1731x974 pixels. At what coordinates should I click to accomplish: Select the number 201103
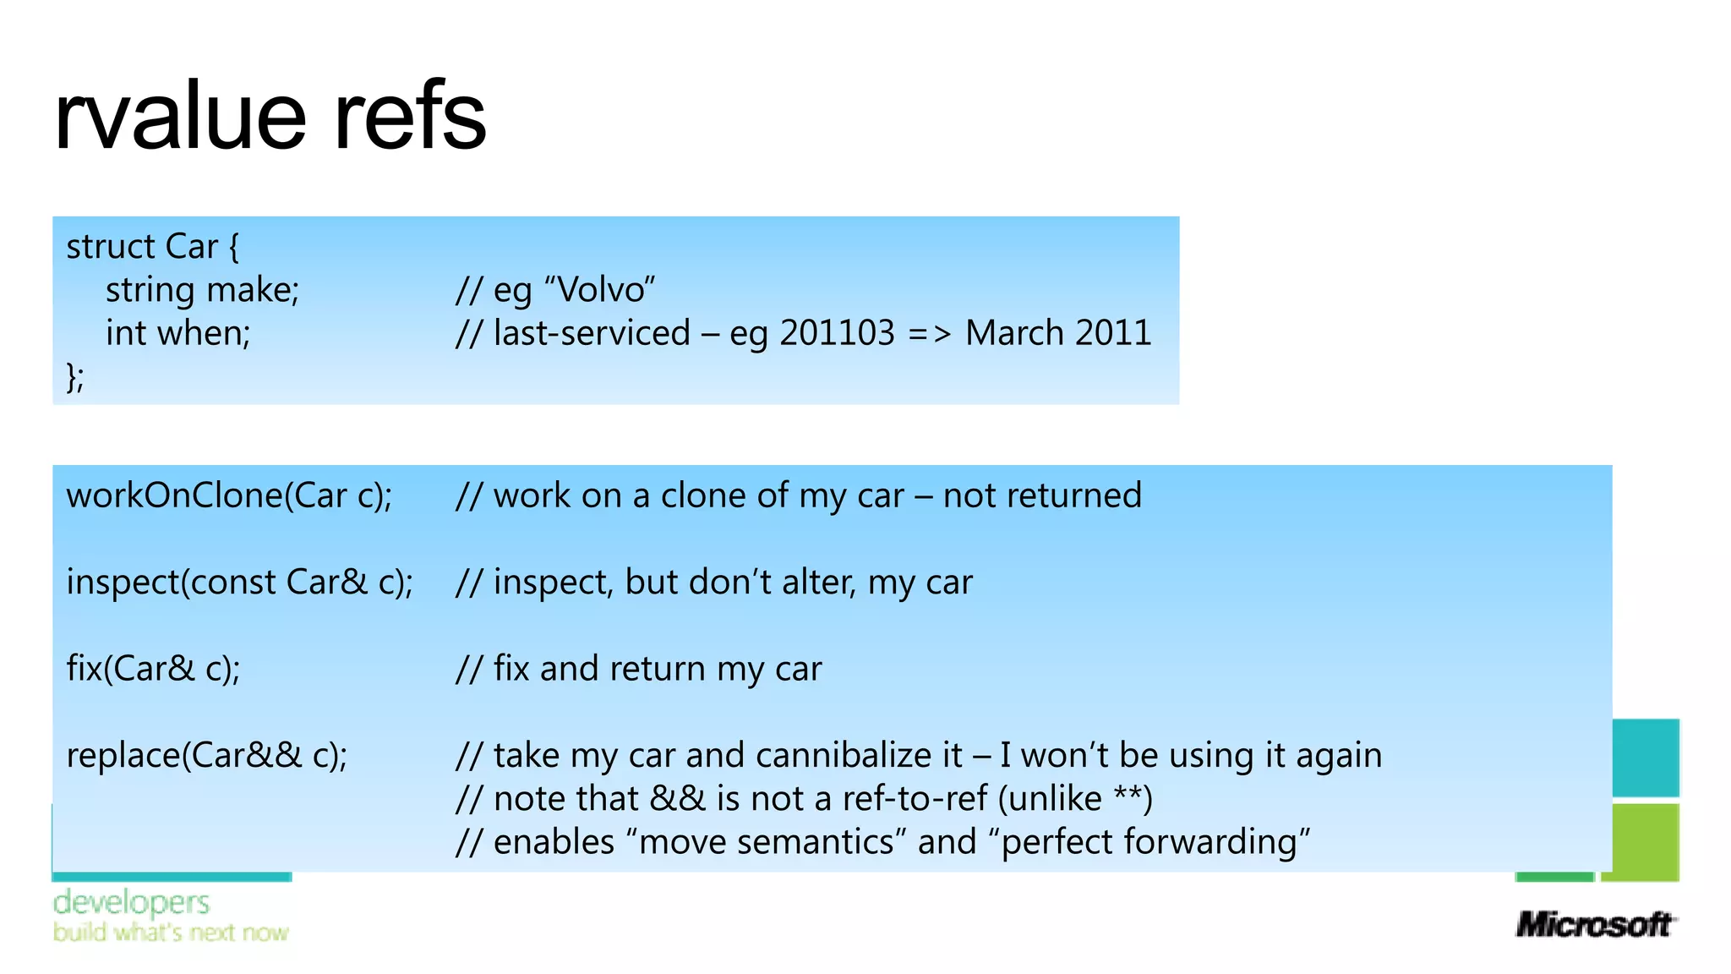tap(836, 333)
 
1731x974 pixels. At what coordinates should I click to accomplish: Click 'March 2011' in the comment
tap(1058, 333)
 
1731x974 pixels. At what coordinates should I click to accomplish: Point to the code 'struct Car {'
tap(153, 247)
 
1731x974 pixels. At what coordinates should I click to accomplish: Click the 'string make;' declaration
tap(202, 290)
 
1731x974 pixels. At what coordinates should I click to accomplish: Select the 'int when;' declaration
tap(177, 333)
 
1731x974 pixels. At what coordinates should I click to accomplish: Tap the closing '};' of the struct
tap(75, 376)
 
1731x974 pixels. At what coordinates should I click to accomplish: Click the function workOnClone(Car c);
tap(229, 495)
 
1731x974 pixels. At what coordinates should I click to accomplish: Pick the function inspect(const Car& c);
tap(239, 583)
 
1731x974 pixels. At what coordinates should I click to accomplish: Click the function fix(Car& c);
tap(153, 669)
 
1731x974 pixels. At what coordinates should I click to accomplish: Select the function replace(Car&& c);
tap(207, 755)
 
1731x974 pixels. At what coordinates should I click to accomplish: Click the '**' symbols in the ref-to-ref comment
tap(1128, 798)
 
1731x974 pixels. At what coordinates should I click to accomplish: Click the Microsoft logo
tap(1594, 924)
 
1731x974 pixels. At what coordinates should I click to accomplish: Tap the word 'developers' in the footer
tap(131, 902)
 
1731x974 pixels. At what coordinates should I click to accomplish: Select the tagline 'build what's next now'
tap(171, 933)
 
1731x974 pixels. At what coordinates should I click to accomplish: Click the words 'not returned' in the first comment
tap(1042, 495)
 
